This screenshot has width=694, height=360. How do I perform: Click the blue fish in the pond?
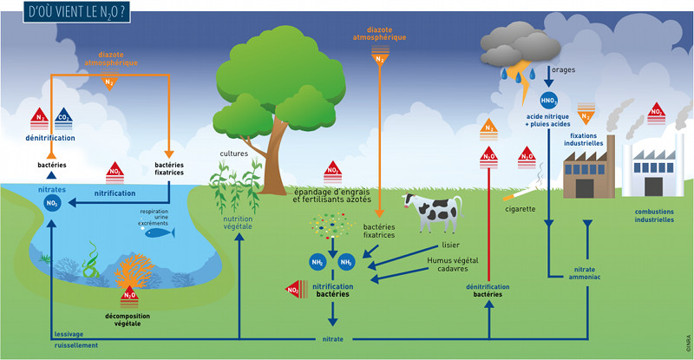tap(157, 232)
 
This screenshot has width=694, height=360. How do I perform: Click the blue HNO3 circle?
tap(548, 100)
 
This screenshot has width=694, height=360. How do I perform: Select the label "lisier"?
tap(451, 245)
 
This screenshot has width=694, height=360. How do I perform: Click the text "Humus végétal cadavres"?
tap(452, 264)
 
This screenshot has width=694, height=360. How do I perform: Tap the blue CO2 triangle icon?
tap(63, 117)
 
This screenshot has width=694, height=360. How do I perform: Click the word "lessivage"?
tap(69, 334)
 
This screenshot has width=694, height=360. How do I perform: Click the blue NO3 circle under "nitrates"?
tap(52, 203)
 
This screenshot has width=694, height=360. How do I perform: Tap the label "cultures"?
tap(233, 154)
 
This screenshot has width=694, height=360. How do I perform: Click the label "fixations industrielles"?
tap(587, 140)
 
